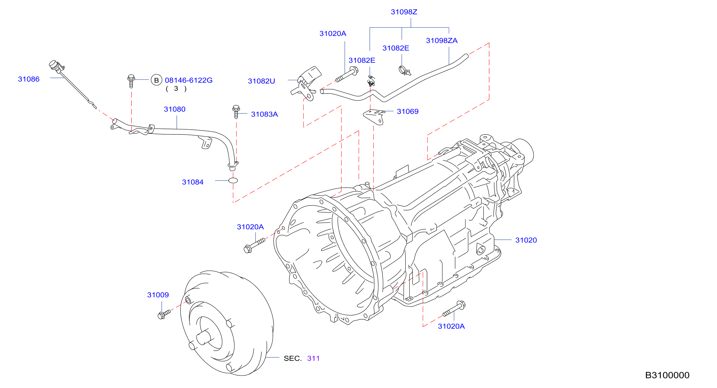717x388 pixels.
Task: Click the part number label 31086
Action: tap(29, 79)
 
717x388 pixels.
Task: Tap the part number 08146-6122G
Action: tap(189, 80)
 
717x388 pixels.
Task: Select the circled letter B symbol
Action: tap(156, 80)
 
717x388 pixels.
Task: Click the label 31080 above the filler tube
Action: tap(174, 109)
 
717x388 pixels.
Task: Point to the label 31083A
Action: tap(264, 114)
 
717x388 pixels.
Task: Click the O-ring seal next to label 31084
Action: tap(233, 180)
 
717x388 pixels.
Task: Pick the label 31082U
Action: tap(261, 81)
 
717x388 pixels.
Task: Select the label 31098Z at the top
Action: tap(404, 12)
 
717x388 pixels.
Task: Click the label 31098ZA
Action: tap(442, 41)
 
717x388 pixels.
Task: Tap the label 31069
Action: tap(408, 112)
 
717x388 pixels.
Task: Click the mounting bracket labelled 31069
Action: tap(374, 117)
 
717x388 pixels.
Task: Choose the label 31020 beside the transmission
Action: tap(526, 240)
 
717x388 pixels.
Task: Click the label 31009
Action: tap(158, 295)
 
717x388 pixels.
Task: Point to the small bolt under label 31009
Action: tap(164, 315)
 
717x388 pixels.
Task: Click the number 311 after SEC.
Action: tap(313, 358)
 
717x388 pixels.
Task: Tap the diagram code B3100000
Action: tap(667, 375)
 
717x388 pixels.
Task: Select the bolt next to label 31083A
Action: tap(236, 112)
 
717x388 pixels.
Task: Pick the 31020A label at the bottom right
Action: tap(451, 327)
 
